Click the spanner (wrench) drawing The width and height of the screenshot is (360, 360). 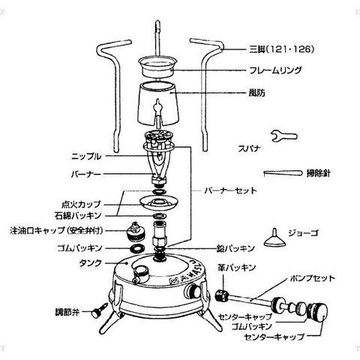[x=284, y=136]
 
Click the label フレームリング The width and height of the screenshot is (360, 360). [x=275, y=70]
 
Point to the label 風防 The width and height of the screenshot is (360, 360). [x=256, y=93]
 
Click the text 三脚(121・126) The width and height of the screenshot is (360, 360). [x=281, y=49]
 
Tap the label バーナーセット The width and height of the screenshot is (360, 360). [x=231, y=190]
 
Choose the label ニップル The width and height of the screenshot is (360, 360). [x=86, y=157]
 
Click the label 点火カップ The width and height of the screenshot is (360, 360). [x=81, y=204]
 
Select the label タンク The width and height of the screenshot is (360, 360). [x=91, y=263]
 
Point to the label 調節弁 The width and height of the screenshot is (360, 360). [x=67, y=312]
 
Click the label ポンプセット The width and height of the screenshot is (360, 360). [x=312, y=278]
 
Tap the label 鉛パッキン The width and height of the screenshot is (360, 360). [x=235, y=248]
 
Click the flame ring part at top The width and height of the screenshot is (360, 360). [x=158, y=66]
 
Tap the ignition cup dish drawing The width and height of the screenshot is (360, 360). [x=159, y=202]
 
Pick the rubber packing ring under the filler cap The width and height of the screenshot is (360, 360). [x=137, y=248]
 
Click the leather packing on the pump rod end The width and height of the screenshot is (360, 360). [x=222, y=295]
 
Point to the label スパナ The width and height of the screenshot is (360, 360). [x=250, y=148]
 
